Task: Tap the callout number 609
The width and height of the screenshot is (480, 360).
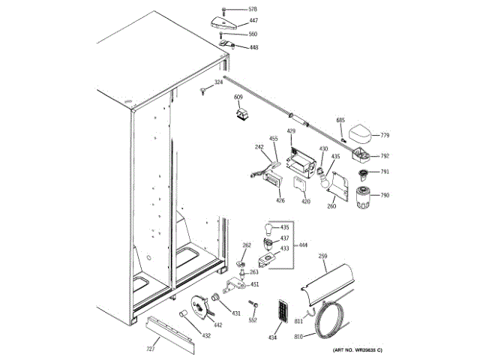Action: click(238, 97)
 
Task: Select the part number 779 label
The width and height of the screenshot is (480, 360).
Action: click(385, 136)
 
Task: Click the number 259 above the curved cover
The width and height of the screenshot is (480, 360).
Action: click(322, 256)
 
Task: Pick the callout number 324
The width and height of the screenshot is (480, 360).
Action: click(218, 82)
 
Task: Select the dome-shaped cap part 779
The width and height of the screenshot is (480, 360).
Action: click(361, 135)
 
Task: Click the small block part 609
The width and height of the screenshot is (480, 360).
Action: click(241, 115)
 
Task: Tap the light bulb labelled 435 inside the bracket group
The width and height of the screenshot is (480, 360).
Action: click(265, 227)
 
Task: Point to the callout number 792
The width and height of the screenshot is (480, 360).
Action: click(385, 156)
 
